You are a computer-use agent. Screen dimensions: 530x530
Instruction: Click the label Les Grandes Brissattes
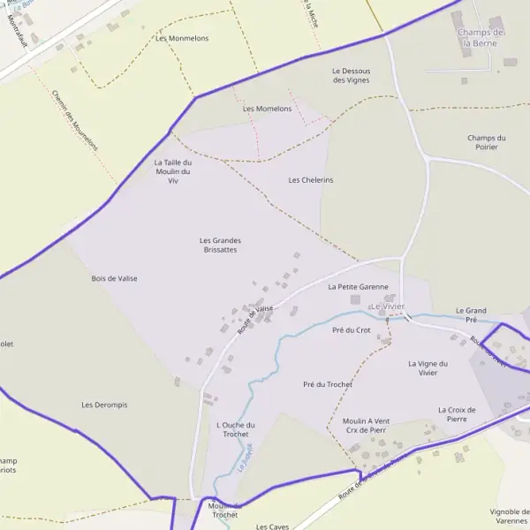(x=220, y=245)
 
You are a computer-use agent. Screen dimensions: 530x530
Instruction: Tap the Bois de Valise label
(x=114, y=278)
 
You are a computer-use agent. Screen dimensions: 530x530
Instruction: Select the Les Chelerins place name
(x=311, y=180)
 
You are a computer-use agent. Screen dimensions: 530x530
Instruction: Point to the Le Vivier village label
(x=387, y=307)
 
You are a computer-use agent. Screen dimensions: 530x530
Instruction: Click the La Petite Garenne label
(x=358, y=287)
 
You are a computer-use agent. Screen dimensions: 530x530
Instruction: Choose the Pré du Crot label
(x=351, y=329)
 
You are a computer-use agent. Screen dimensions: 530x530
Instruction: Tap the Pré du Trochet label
(x=327, y=384)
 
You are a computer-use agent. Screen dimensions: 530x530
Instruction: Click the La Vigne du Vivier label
(x=428, y=367)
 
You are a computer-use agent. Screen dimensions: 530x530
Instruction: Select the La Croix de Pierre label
(x=457, y=413)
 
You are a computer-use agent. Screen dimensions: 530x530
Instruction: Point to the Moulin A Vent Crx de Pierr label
(x=366, y=425)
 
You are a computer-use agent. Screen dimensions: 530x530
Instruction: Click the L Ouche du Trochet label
(x=235, y=429)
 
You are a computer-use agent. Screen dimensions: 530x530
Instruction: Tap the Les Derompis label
(x=104, y=405)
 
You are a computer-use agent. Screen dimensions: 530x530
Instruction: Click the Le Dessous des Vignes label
(x=351, y=75)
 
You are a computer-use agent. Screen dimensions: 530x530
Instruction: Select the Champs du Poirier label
(x=486, y=142)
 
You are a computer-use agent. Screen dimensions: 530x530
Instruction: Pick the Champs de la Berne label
(x=481, y=37)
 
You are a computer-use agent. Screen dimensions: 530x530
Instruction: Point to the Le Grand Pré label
(x=471, y=315)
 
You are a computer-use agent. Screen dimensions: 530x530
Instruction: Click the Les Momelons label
(x=267, y=109)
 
